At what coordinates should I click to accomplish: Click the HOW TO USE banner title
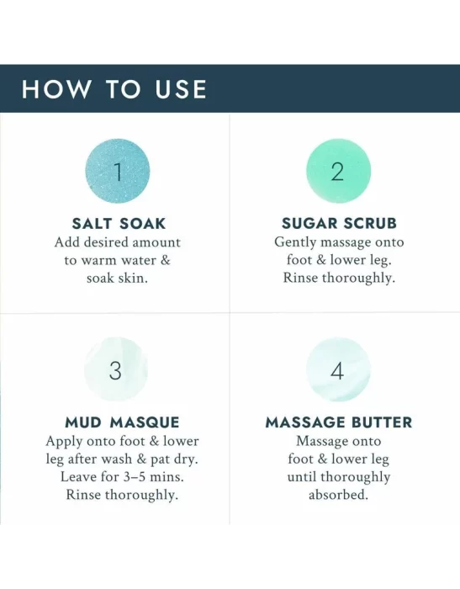tap(114, 89)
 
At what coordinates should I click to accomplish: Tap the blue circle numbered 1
tap(118, 172)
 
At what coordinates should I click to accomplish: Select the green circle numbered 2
tap(338, 172)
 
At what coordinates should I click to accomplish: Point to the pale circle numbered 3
tap(116, 370)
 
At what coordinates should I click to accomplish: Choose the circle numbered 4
tap(338, 370)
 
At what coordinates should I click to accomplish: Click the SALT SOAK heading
tap(119, 224)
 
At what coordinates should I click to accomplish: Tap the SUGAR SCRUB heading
tap(339, 223)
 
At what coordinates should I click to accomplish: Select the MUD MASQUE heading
tap(122, 422)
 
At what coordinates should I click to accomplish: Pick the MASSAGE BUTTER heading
tap(339, 422)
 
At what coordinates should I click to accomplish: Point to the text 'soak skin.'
tap(117, 279)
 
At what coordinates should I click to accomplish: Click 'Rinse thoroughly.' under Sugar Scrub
tap(339, 279)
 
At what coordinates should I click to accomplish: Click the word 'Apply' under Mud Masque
tap(64, 442)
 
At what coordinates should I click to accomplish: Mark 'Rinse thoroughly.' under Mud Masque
tap(122, 495)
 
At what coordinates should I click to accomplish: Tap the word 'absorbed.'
tap(338, 495)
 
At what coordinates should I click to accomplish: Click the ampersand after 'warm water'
tap(165, 260)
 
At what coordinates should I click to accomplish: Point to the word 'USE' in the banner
tap(181, 89)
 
